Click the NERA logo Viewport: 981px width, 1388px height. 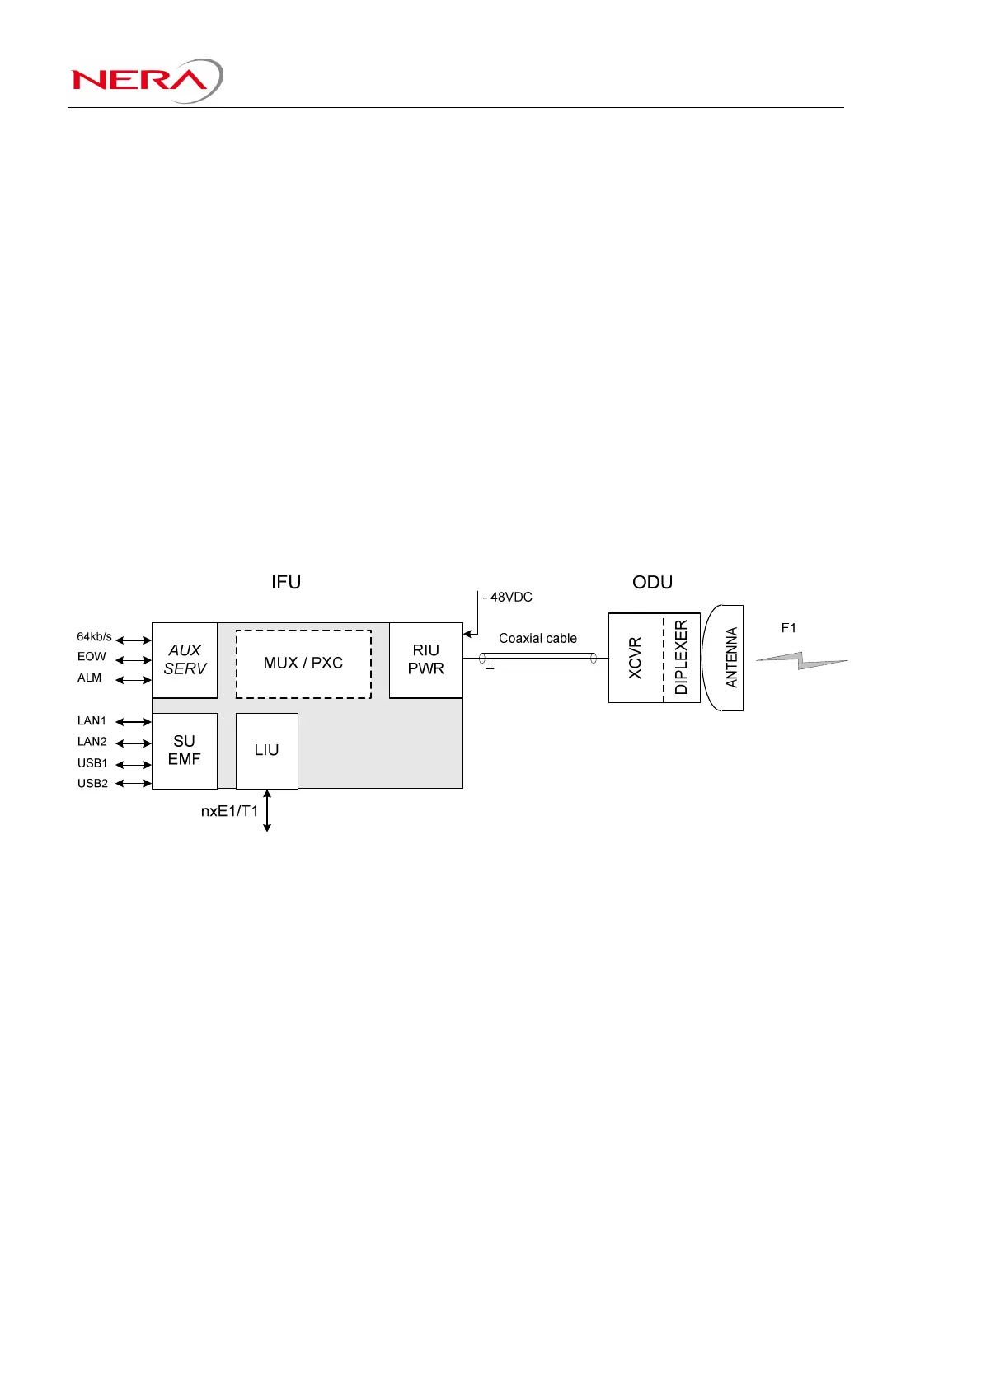pyautogui.click(x=147, y=81)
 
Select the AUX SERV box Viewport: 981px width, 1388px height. pyautogui.click(x=185, y=660)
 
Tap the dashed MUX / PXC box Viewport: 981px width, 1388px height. pyautogui.click(x=303, y=664)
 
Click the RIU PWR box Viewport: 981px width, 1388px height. pyautogui.click(x=426, y=660)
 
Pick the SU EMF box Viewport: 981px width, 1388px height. pyautogui.click(x=185, y=751)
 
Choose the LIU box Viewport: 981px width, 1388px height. pyautogui.click(x=266, y=751)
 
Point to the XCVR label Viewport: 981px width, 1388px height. pyautogui.click(x=636, y=658)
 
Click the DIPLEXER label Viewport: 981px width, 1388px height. pyautogui.click(x=682, y=658)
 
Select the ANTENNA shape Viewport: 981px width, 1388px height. pyautogui.click(x=725, y=658)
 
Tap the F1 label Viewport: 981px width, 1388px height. pyautogui.click(x=789, y=628)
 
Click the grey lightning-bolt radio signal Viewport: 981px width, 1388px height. pyautogui.click(x=801, y=661)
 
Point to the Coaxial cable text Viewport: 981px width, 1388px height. pyautogui.click(x=537, y=638)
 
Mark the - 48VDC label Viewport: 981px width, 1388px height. pyautogui.click(x=508, y=597)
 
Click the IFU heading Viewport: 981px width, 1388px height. pyautogui.click(x=286, y=582)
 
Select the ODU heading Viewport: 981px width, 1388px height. pyautogui.click(x=652, y=582)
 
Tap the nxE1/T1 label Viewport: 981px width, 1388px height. pyautogui.click(x=229, y=811)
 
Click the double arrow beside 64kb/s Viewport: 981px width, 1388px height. pyautogui.click(x=134, y=640)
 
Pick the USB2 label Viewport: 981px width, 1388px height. pyautogui.click(x=92, y=783)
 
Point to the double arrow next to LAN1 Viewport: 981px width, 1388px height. pyautogui.click(x=134, y=722)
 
